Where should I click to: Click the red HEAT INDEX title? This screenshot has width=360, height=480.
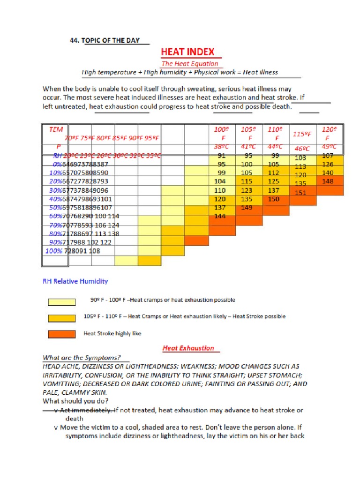click(x=188, y=52)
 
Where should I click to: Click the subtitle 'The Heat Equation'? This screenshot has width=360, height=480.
click(x=190, y=64)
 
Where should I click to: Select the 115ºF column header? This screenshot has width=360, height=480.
click(x=302, y=134)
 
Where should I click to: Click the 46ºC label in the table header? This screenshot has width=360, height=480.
click(x=302, y=149)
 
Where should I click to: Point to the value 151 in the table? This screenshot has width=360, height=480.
click(x=300, y=193)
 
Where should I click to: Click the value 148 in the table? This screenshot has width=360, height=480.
click(x=328, y=181)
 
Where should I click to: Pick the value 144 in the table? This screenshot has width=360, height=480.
click(x=220, y=216)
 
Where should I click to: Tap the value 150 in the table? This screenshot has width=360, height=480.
click(x=273, y=199)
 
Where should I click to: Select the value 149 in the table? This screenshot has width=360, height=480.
click(x=247, y=208)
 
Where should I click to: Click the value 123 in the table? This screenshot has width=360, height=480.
click(x=247, y=190)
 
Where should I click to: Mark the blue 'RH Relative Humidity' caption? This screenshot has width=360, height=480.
click(x=75, y=281)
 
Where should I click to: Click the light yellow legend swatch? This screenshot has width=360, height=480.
click(x=61, y=302)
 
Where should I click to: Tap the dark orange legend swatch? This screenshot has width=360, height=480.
click(x=61, y=334)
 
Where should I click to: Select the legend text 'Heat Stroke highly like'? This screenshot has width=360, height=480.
click(x=112, y=334)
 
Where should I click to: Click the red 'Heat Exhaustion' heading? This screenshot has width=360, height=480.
click(x=188, y=348)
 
